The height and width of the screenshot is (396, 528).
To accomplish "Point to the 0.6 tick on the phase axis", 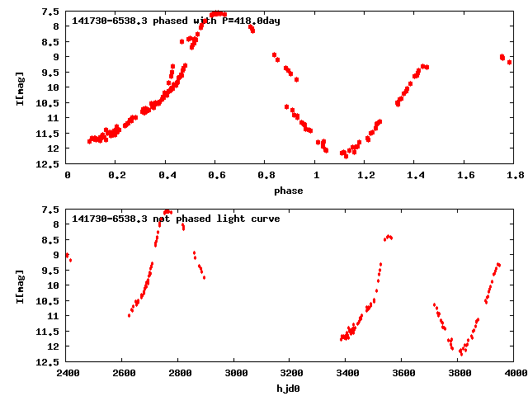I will coord(216,175).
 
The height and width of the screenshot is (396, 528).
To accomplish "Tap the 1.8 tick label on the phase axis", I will coord(515,175).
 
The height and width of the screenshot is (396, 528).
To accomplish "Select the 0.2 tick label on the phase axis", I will coord(116,175).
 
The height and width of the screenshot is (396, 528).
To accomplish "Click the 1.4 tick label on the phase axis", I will coord(415,175).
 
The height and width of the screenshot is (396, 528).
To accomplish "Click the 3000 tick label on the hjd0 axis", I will coord(235,373).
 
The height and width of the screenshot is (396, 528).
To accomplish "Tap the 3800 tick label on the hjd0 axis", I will coord(460,373).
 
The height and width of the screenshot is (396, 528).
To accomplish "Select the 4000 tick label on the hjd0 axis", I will coord(515,373).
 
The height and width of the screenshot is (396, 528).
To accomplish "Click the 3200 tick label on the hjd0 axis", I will coord(291,373).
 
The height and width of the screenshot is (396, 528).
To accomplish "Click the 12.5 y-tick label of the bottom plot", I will coord(48,361).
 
